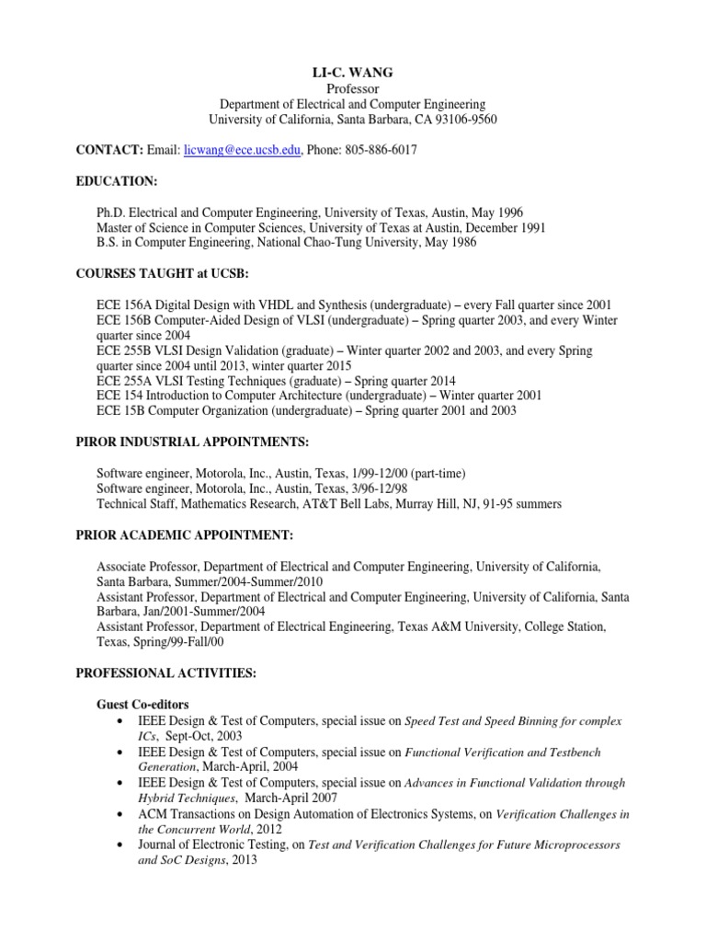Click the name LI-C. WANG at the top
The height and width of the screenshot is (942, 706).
tap(353, 72)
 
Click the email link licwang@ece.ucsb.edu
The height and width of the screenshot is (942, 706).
tap(243, 150)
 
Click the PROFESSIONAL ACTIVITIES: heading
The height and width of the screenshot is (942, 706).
tap(165, 673)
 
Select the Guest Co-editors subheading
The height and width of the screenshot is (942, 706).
tap(144, 705)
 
